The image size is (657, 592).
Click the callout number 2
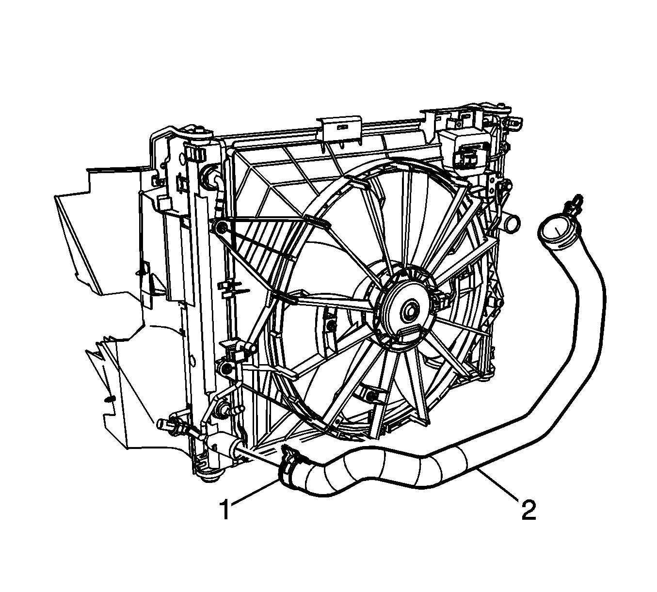click(x=529, y=517)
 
